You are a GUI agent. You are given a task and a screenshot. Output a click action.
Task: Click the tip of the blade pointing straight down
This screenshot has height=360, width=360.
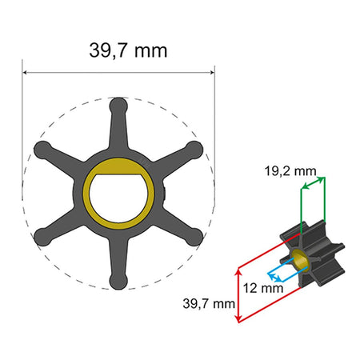point(118,280)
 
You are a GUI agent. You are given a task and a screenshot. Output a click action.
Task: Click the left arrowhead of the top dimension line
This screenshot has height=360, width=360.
point(26,73)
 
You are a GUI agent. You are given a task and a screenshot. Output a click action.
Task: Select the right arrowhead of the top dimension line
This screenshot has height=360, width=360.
point(212,73)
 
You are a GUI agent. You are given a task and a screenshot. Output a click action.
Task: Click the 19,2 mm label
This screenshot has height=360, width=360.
point(289,170)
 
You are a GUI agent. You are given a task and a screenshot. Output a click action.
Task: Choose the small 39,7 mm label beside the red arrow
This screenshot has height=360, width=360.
point(207,303)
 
